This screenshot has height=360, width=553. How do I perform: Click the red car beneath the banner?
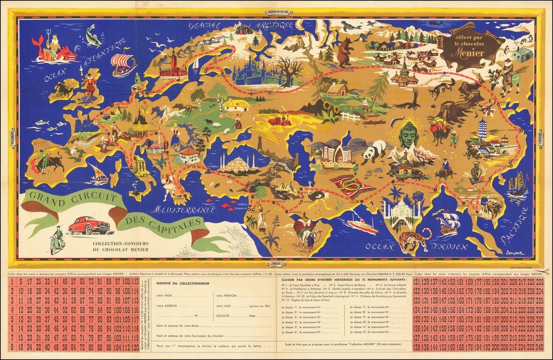(89, 225)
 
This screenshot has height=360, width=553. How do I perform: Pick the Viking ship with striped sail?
(123, 64)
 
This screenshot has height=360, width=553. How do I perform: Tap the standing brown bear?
(345, 51)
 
